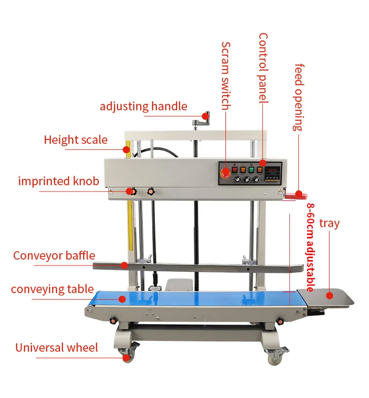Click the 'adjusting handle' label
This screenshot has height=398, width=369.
(x=143, y=106)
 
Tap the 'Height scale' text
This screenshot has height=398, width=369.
(x=75, y=140)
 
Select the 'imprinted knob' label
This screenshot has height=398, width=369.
(x=59, y=181)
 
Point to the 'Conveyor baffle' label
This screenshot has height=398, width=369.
(x=54, y=256)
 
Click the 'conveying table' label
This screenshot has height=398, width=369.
(x=52, y=289)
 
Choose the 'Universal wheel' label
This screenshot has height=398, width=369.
(x=57, y=348)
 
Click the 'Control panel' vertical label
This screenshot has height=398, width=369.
(x=263, y=67)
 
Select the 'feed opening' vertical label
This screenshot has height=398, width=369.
(x=298, y=97)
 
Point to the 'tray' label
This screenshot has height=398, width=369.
(x=329, y=223)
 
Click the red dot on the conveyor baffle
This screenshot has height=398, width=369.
(x=124, y=265)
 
